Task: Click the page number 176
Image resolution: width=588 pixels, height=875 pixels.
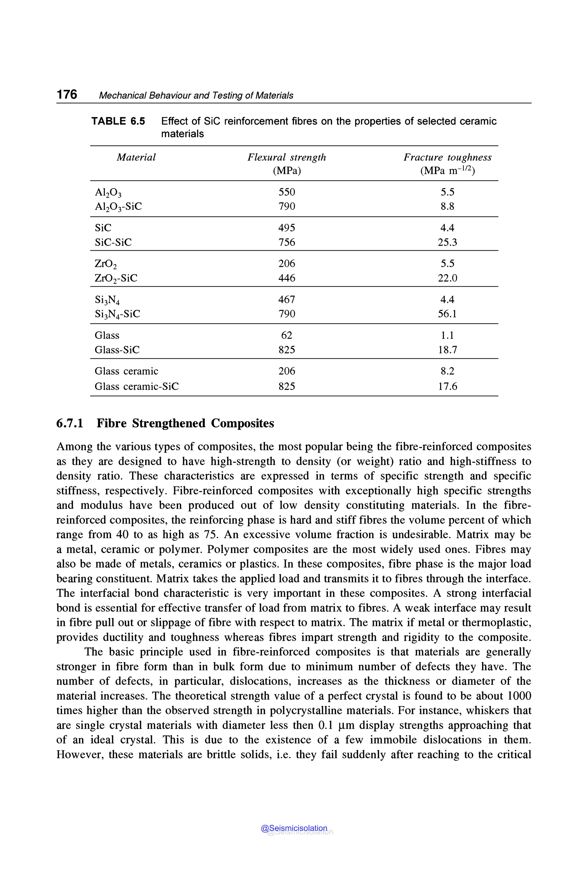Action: pyautogui.click(x=67, y=94)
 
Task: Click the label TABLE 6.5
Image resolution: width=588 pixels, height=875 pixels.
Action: pyautogui.click(x=118, y=121)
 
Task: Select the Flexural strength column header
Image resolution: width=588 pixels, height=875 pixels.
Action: pyautogui.click(x=287, y=157)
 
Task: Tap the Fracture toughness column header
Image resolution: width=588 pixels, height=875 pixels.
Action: pyautogui.click(x=447, y=157)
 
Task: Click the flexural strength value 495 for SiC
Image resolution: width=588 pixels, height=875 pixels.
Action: pyautogui.click(x=287, y=228)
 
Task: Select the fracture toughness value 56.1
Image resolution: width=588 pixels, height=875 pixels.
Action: pyautogui.click(x=447, y=314)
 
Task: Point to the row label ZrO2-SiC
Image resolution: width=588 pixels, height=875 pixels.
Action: pyautogui.click(x=116, y=278)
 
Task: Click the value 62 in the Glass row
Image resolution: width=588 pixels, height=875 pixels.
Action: pyautogui.click(x=287, y=335)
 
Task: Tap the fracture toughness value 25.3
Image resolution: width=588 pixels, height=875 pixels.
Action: pyautogui.click(x=447, y=242)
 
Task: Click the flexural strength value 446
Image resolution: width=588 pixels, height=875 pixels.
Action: pyautogui.click(x=287, y=278)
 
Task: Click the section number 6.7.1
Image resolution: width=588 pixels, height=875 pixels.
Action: pyautogui.click(x=70, y=423)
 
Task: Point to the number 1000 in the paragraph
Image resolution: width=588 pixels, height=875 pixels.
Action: pyautogui.click(x=519, y=696)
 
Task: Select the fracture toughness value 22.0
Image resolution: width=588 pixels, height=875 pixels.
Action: pyautogui.click(x=447, y=278)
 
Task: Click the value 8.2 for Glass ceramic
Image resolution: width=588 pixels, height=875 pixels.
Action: pyautogui.click(x=447, y=371)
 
